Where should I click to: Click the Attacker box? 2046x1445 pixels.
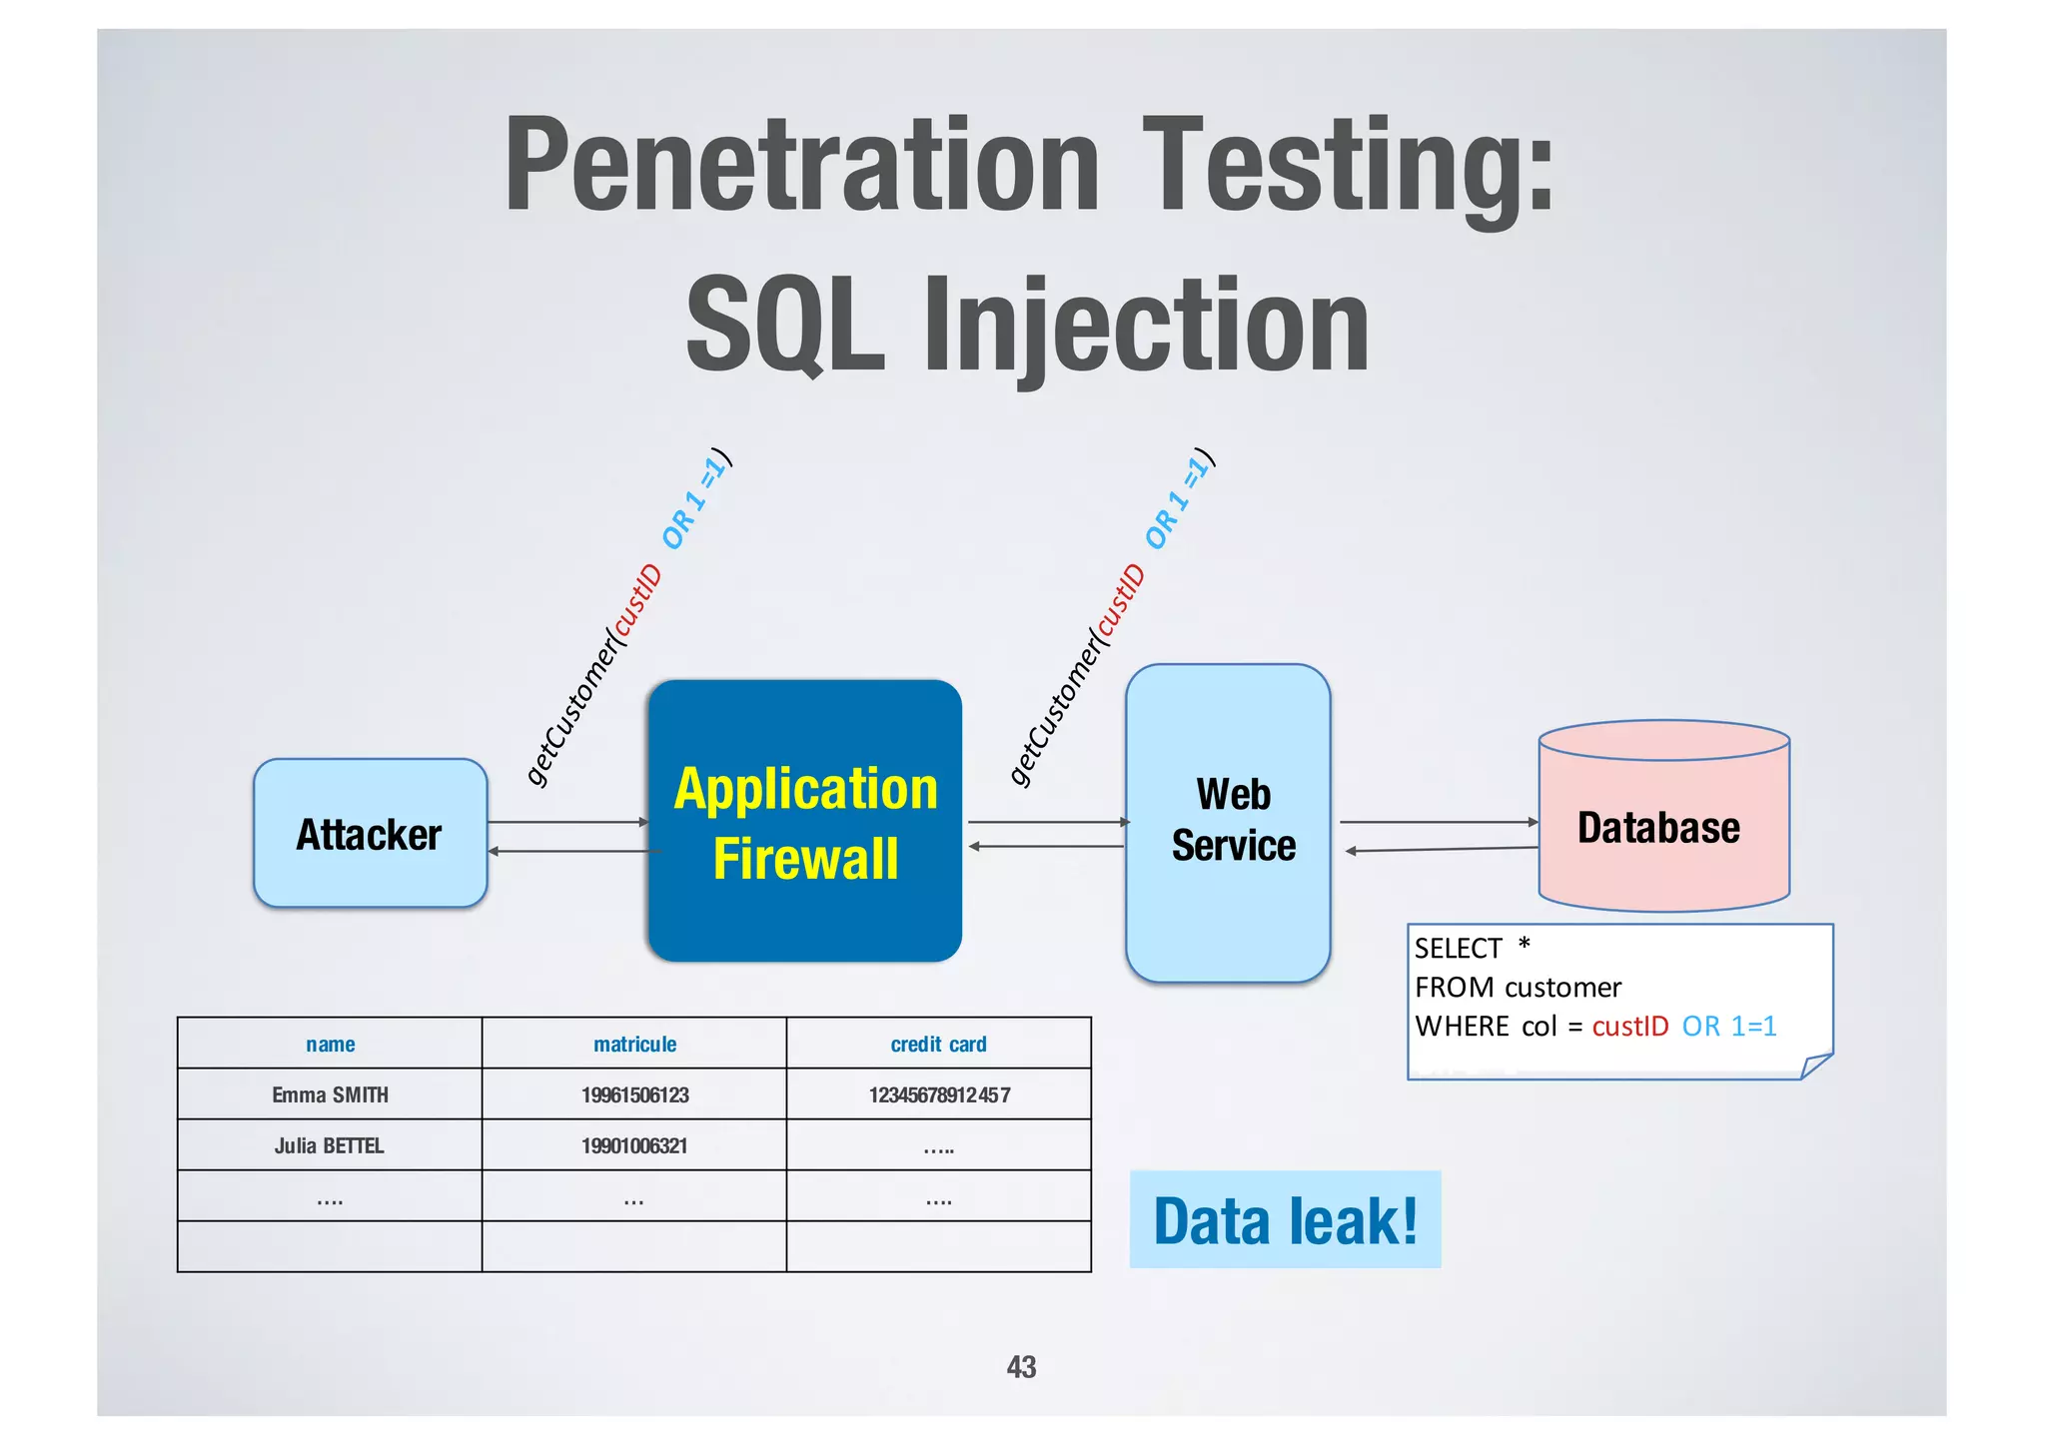(370, 834)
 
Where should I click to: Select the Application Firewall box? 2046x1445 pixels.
(805, 822)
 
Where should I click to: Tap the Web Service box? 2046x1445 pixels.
(1229, 822)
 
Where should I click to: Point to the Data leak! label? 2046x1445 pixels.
(1285, 1220)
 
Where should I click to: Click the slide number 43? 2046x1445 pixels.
(1021, 1367)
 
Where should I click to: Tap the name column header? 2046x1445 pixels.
(330, 1045)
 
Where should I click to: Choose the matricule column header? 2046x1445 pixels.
(634, 1045)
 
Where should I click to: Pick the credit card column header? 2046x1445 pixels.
(938, 1045)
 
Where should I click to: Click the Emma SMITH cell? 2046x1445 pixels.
(330, 1095)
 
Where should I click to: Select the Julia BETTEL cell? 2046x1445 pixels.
(329, 1146)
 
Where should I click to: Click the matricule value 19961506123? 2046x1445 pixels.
(634, 1095)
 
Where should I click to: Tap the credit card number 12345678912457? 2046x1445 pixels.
(939, 1095)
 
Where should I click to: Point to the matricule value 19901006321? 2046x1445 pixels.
(634, 1146)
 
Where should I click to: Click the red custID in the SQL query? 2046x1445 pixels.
(1629, 1027)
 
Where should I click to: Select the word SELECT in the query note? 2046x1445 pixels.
(1458, 949)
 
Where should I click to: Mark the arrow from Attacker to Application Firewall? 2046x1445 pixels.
(567, 822)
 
